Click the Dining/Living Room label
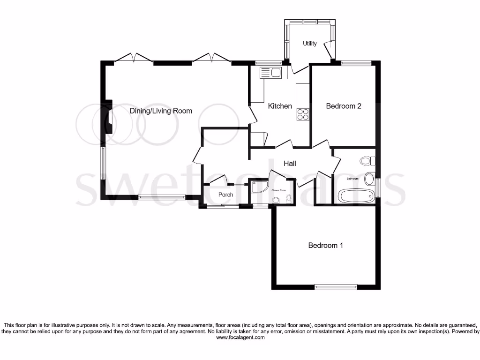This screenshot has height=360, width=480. click(x=161, y=111)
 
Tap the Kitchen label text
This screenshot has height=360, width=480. click(x=280, y=106)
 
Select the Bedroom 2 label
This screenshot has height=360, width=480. click(x=343, y=106)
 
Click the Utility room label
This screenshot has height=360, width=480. click(x=309, y=44)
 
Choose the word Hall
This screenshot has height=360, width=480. click(x=290, y=163)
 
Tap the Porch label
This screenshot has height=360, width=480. click(x=225, y=195)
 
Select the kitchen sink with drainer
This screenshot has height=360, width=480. click(x=270, y=73)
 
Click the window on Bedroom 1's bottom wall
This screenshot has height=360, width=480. click(x=335, y=287)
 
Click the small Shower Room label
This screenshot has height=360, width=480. click(x=279, y=190)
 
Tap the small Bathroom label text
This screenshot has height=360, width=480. click(x=352, y=179)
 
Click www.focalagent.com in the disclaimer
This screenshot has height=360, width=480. click(x=240, y=337)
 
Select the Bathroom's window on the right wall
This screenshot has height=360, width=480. click(x=378, y=186)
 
